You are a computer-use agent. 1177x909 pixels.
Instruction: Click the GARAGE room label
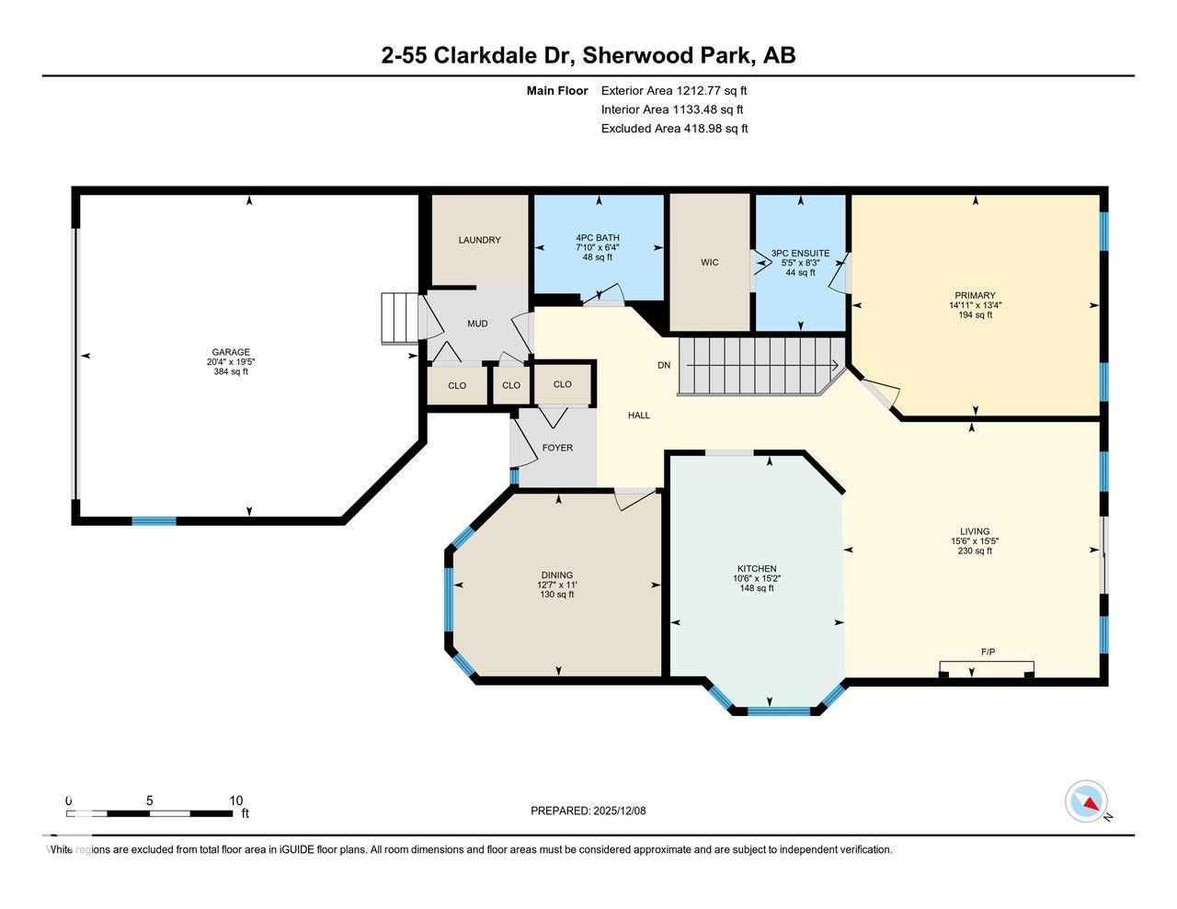(231, 352)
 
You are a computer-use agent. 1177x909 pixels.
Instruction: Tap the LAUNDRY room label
(479, 240)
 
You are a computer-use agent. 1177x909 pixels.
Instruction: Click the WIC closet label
(709, 263)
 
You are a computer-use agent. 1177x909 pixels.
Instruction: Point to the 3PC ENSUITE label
(800, 253)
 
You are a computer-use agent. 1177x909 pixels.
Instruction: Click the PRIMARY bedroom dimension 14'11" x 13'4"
(975, 305)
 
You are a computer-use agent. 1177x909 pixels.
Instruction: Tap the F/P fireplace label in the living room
(988, 652)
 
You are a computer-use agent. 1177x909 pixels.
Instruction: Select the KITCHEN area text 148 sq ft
(756, 588)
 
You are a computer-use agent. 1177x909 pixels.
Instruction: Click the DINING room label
(556, 575)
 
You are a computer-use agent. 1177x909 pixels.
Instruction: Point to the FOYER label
(557, 448)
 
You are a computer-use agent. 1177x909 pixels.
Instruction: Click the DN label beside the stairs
(664, 365)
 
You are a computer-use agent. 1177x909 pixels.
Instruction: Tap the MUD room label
(477, 324)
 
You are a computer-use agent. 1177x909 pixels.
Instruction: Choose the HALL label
(639, 415)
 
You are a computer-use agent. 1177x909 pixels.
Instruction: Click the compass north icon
(1087, 801)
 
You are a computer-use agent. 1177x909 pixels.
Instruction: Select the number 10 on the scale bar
(236, 801)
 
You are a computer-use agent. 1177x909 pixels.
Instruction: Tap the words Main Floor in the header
(556, 90)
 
